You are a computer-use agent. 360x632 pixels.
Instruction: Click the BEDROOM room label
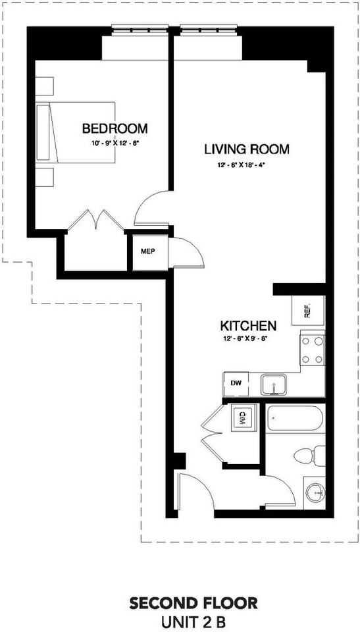pos(115,128)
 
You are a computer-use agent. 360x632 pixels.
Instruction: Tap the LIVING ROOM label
pos(247,149)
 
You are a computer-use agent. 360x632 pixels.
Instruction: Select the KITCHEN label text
pos(248,325)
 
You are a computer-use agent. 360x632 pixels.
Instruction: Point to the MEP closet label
pos(148,251)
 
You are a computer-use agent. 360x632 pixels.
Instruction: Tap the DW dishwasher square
pos(236,384)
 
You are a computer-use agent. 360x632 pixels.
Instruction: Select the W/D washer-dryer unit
pos(244,418)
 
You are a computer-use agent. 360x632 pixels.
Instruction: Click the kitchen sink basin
pos(274,384)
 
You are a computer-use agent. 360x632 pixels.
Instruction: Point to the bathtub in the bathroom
pos(295,419)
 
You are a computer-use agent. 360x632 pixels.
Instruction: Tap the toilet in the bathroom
pos(310,456)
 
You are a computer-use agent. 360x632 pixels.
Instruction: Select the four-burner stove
pos(313,348)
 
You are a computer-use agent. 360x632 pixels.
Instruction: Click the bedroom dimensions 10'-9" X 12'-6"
pos(115,142)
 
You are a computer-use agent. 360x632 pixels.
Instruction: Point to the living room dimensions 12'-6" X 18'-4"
pos(247,165)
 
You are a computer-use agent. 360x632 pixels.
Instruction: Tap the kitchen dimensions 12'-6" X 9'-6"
pos(245,338)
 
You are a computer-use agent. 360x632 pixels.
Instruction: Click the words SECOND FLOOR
pos(193,604)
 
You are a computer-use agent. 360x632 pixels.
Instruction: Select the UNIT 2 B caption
pos(193,621)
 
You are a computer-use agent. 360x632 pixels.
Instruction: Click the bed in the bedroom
pos(76,132)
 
